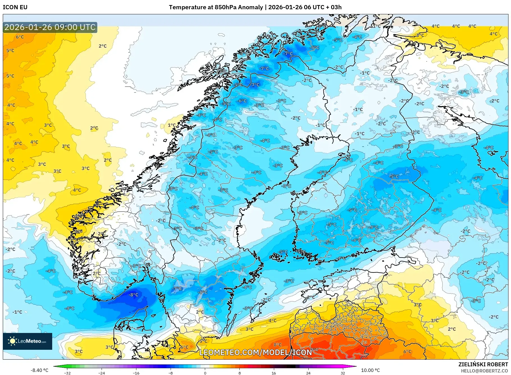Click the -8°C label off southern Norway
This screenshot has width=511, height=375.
click(134, 295)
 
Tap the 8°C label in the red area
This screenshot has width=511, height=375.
click(278, 345)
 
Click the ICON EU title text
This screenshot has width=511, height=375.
click(15, 7)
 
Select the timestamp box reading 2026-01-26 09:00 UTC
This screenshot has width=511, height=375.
click(50, 27)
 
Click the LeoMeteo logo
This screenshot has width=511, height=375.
click(28, 341)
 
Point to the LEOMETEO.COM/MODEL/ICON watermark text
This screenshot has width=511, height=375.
click(255, 352)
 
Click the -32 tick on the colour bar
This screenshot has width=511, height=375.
click(67, 373)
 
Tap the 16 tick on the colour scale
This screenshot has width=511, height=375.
click(274, 373)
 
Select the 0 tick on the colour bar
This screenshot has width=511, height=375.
click(205, 373)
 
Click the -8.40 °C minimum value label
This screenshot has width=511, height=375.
click(39, 370)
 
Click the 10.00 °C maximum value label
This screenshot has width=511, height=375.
click(370, 370)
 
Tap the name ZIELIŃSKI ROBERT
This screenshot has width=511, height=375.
click(483, 364)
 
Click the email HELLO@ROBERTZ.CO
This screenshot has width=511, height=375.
click(484, 371)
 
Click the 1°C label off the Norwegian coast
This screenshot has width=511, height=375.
click(171, 125)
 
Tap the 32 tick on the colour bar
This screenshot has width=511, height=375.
click(343, 373)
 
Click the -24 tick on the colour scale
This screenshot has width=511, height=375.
click(102, 373)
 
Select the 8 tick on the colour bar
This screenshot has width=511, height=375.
click(239, 373)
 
